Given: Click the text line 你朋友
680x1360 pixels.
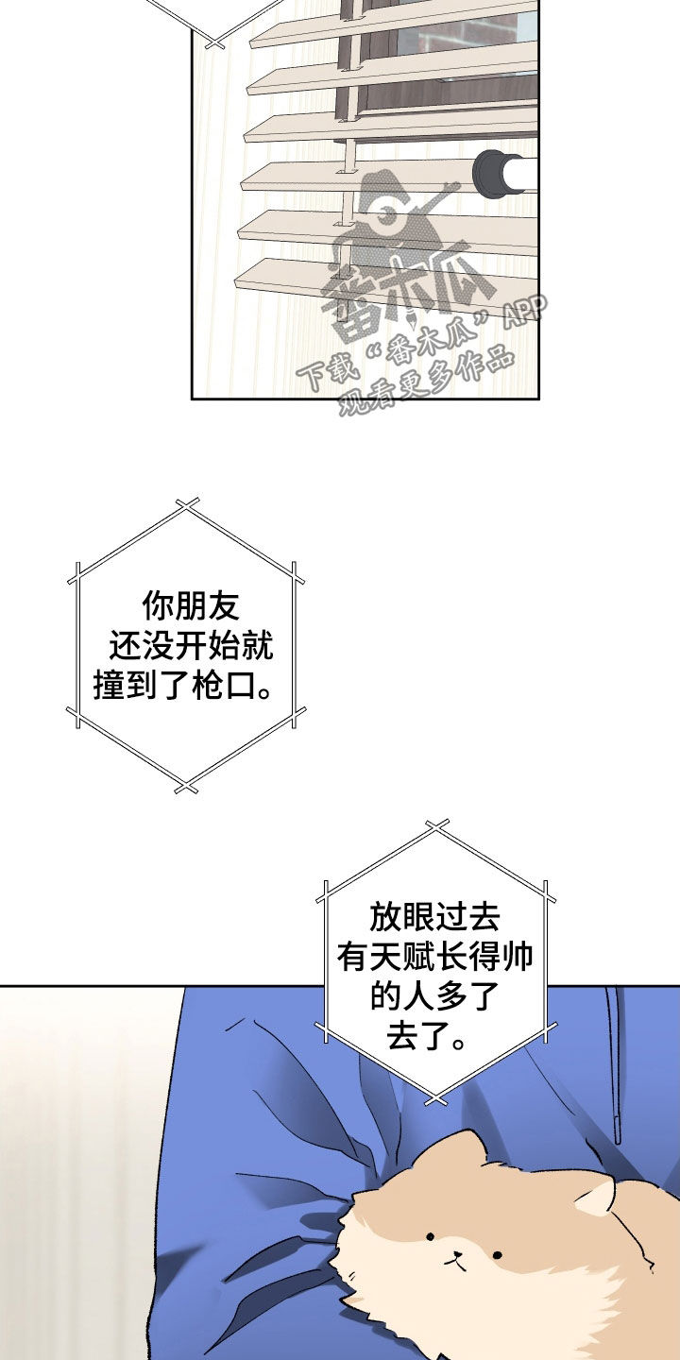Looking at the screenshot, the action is click(191, 605).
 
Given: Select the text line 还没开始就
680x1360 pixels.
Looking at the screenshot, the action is click(191, 645).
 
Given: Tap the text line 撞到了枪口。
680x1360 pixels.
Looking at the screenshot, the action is click(183, 686).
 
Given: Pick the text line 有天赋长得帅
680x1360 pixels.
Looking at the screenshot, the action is click(434, 958).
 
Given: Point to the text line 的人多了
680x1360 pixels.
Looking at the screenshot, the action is click(434, 996).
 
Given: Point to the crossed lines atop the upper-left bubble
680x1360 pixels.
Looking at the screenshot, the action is click(187, 507).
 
